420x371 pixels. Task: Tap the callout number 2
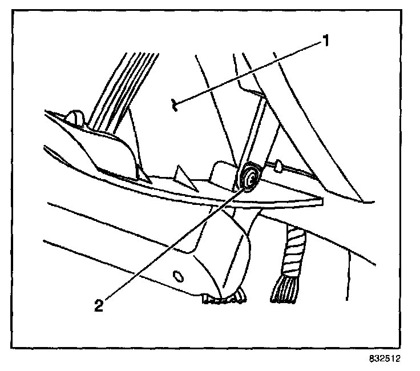(x=99, y=305)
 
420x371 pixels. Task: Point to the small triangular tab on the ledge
(x=183, y=174)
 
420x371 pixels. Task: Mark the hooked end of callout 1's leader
(x=177, y=104)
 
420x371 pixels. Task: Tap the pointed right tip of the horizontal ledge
(x=321, y=201)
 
